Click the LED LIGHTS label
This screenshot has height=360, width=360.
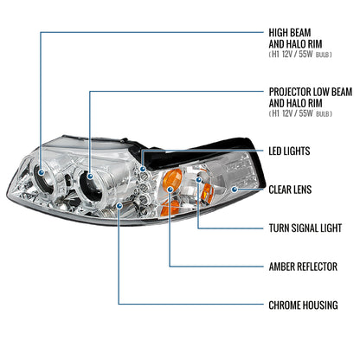click(x=289, y=151)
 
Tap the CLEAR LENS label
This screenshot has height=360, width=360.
click(x=290, y=190)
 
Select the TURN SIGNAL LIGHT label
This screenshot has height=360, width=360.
click(x=305, y=228)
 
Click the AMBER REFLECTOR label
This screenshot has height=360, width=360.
click(x=303, y=267)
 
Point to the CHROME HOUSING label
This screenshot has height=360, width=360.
click(x=303, y=305)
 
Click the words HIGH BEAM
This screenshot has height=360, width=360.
click(x=290, y=33)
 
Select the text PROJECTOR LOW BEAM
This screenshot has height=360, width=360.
click(x=311, y=92)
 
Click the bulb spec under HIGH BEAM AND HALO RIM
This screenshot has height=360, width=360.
click(x=300, y=55)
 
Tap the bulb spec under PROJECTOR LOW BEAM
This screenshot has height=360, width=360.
click(x=300, y=113)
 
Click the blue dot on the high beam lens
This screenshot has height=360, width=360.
click(x=42, y=172)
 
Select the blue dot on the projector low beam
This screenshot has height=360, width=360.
click(x=90, y=176)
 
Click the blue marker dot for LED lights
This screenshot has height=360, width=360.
click(x=143, y=169)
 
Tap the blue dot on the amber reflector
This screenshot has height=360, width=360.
click(x=170, y=190)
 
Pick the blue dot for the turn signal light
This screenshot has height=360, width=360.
click(x=198, y=180)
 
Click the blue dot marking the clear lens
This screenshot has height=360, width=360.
click(x=235, y=190)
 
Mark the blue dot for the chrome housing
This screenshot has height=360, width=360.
click(x=119, y=205)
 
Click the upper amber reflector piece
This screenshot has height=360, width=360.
click(x=172, y=179)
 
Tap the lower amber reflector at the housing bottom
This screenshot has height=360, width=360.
click(x=170, y=208)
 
